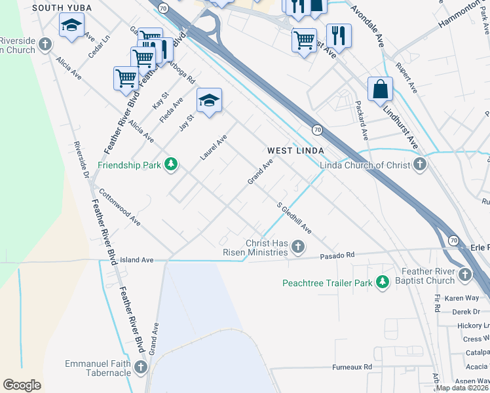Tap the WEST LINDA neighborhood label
coord(295,151)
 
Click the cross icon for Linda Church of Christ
coord(419,164)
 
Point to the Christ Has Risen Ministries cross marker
coord(298,247)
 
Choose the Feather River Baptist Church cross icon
coord(465,274)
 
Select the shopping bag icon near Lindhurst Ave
coord(380,88)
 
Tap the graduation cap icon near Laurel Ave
coord(209,100)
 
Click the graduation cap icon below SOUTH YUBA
coord(71,26)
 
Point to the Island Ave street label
coord(136,260)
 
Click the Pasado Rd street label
coord(336,255)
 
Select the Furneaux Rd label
coord(352,367)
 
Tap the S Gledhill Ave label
coord(293,218)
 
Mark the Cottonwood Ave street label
coord(119,208)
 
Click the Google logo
coord(22,385)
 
